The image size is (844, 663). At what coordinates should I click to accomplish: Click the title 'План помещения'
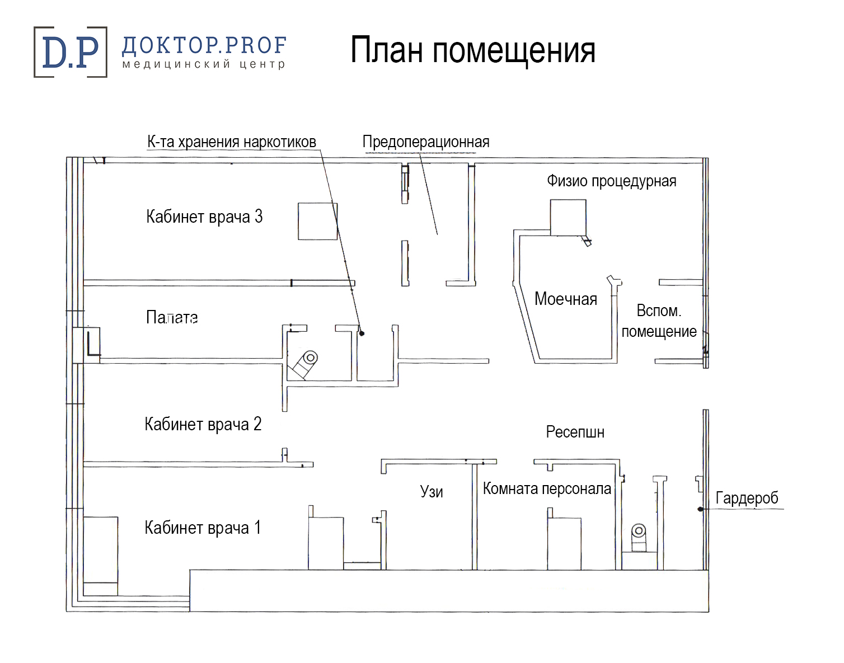[x=473, y=50]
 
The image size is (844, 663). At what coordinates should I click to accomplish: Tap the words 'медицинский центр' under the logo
[x=204, y=64]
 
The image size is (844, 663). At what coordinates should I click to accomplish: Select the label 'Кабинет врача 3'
[x=204, y=217]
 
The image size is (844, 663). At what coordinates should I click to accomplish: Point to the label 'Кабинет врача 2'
[x=203, y=424]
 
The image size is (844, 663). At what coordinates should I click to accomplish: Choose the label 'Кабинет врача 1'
[x=203, y=528]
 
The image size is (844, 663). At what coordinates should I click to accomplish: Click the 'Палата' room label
[x=172, y=318]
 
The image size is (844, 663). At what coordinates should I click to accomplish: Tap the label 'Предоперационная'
[x=426, y=143]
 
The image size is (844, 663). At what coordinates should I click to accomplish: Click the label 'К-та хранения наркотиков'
[x=232, y=142]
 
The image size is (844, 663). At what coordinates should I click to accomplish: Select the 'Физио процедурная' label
[x=612, y=181]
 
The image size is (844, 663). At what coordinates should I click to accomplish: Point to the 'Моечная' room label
[x=565, y=299]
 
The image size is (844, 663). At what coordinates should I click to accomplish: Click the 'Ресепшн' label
[x=575, y=432]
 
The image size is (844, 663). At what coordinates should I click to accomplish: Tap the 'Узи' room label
[x=432, y=492]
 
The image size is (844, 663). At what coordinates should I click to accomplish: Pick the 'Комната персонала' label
[x=547, y=488]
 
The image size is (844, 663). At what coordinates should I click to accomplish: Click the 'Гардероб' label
[x=747, y=498]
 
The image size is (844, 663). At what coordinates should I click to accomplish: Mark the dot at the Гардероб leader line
[x=700, y=509]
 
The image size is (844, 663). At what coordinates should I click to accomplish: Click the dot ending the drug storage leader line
[x=362, y=333]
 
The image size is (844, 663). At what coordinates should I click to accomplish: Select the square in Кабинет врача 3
[x=318, y=221]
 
